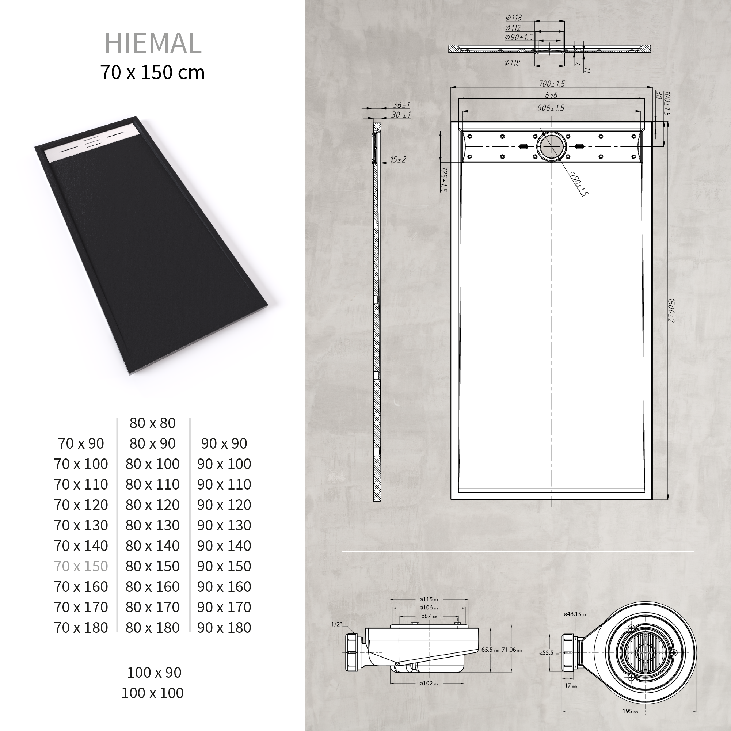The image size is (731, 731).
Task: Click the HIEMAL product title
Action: (153, 43)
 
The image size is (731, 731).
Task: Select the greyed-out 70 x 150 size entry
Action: (81, 566)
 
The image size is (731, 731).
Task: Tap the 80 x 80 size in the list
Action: (152, 423)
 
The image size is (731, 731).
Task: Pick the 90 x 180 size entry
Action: (224, 627)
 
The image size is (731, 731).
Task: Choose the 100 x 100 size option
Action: (152, 693)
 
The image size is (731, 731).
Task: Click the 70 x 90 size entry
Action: (81, 443)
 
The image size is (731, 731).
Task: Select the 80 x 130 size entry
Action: (152, 525)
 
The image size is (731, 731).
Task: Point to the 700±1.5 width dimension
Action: (552, 84)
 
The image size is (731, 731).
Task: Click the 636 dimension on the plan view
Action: (551, 95)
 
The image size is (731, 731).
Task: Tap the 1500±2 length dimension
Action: (670, 310)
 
